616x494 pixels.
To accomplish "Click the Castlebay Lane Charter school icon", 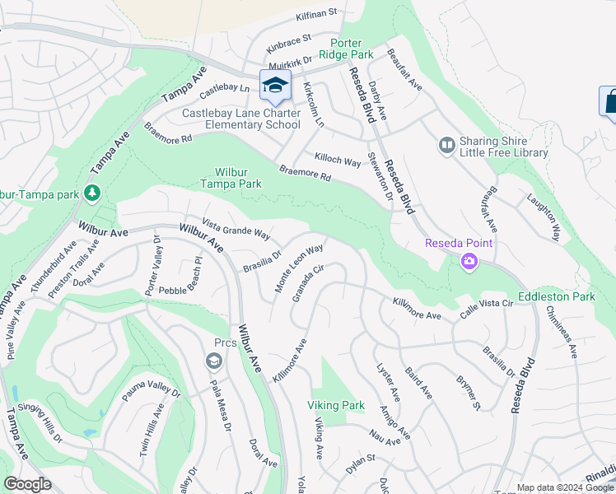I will [x=275, y=85].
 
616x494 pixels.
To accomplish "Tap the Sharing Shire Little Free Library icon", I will [x=446, y=146].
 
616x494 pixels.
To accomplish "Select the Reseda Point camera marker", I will [x=469, y=261].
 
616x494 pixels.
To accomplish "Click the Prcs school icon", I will [x=213, y=361].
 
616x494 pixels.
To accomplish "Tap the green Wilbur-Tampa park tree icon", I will [x=93, y=193].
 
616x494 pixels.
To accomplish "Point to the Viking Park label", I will [x=335, y=405].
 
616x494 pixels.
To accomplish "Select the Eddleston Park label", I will [x=557, y=296].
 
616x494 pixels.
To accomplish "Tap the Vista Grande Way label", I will [x=236, y=229].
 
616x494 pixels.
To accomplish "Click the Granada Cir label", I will [x=308, y=282].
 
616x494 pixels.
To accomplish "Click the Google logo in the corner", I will [x=27, y=484].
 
